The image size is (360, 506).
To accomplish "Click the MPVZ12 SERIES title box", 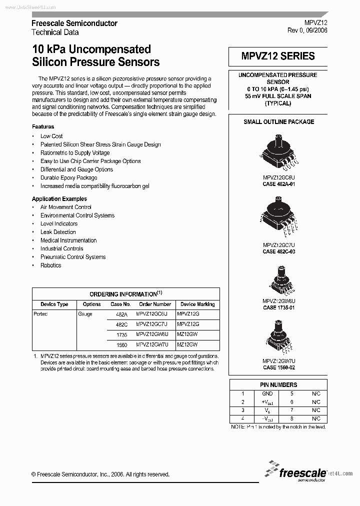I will pos(278,56).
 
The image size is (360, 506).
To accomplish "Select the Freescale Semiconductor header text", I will pos(74,23).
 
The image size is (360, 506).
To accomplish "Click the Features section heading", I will pos(43,127).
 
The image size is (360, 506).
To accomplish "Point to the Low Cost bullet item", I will pos(51,136).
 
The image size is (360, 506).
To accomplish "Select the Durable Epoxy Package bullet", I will pos(69,177).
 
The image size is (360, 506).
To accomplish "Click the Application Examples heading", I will pos(59,199).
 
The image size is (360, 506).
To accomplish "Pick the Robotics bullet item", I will pos(51,265).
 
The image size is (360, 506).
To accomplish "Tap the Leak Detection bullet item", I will pos(58,232).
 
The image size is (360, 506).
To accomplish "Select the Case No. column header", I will pos(120,304).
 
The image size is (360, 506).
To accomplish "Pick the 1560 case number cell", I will pos(121,345).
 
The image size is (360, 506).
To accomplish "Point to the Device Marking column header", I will pos(197,304).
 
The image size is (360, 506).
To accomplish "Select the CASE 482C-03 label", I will pos(279,251).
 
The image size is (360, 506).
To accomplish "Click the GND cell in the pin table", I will pos(267,393).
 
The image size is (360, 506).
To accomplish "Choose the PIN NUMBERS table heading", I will pos(278,384).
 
